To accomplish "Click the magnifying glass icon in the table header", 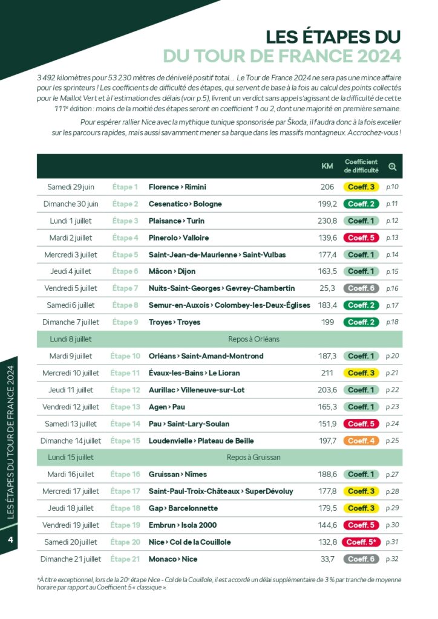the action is tap(392, 166).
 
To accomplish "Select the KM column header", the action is tap(327, 166).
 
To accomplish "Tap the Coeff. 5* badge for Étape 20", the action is tap(361, 542).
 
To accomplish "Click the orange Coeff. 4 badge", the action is tap(361, 441).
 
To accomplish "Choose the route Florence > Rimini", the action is tap(178, 187).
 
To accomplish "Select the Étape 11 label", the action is tap(125, 373).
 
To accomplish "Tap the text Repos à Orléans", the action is tap(253, 339).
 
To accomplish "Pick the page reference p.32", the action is tap(392, 559).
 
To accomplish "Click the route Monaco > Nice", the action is tap(173, 559).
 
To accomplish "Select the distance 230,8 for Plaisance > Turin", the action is tap(327, 221).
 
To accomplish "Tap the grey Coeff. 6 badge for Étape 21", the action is tap(361, 559).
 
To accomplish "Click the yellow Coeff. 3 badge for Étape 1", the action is tap(361, 187).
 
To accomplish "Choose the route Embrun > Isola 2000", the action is tap(183, 525).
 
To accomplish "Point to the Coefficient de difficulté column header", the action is tap(361, 166).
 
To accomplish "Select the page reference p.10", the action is tap(392, 187).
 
